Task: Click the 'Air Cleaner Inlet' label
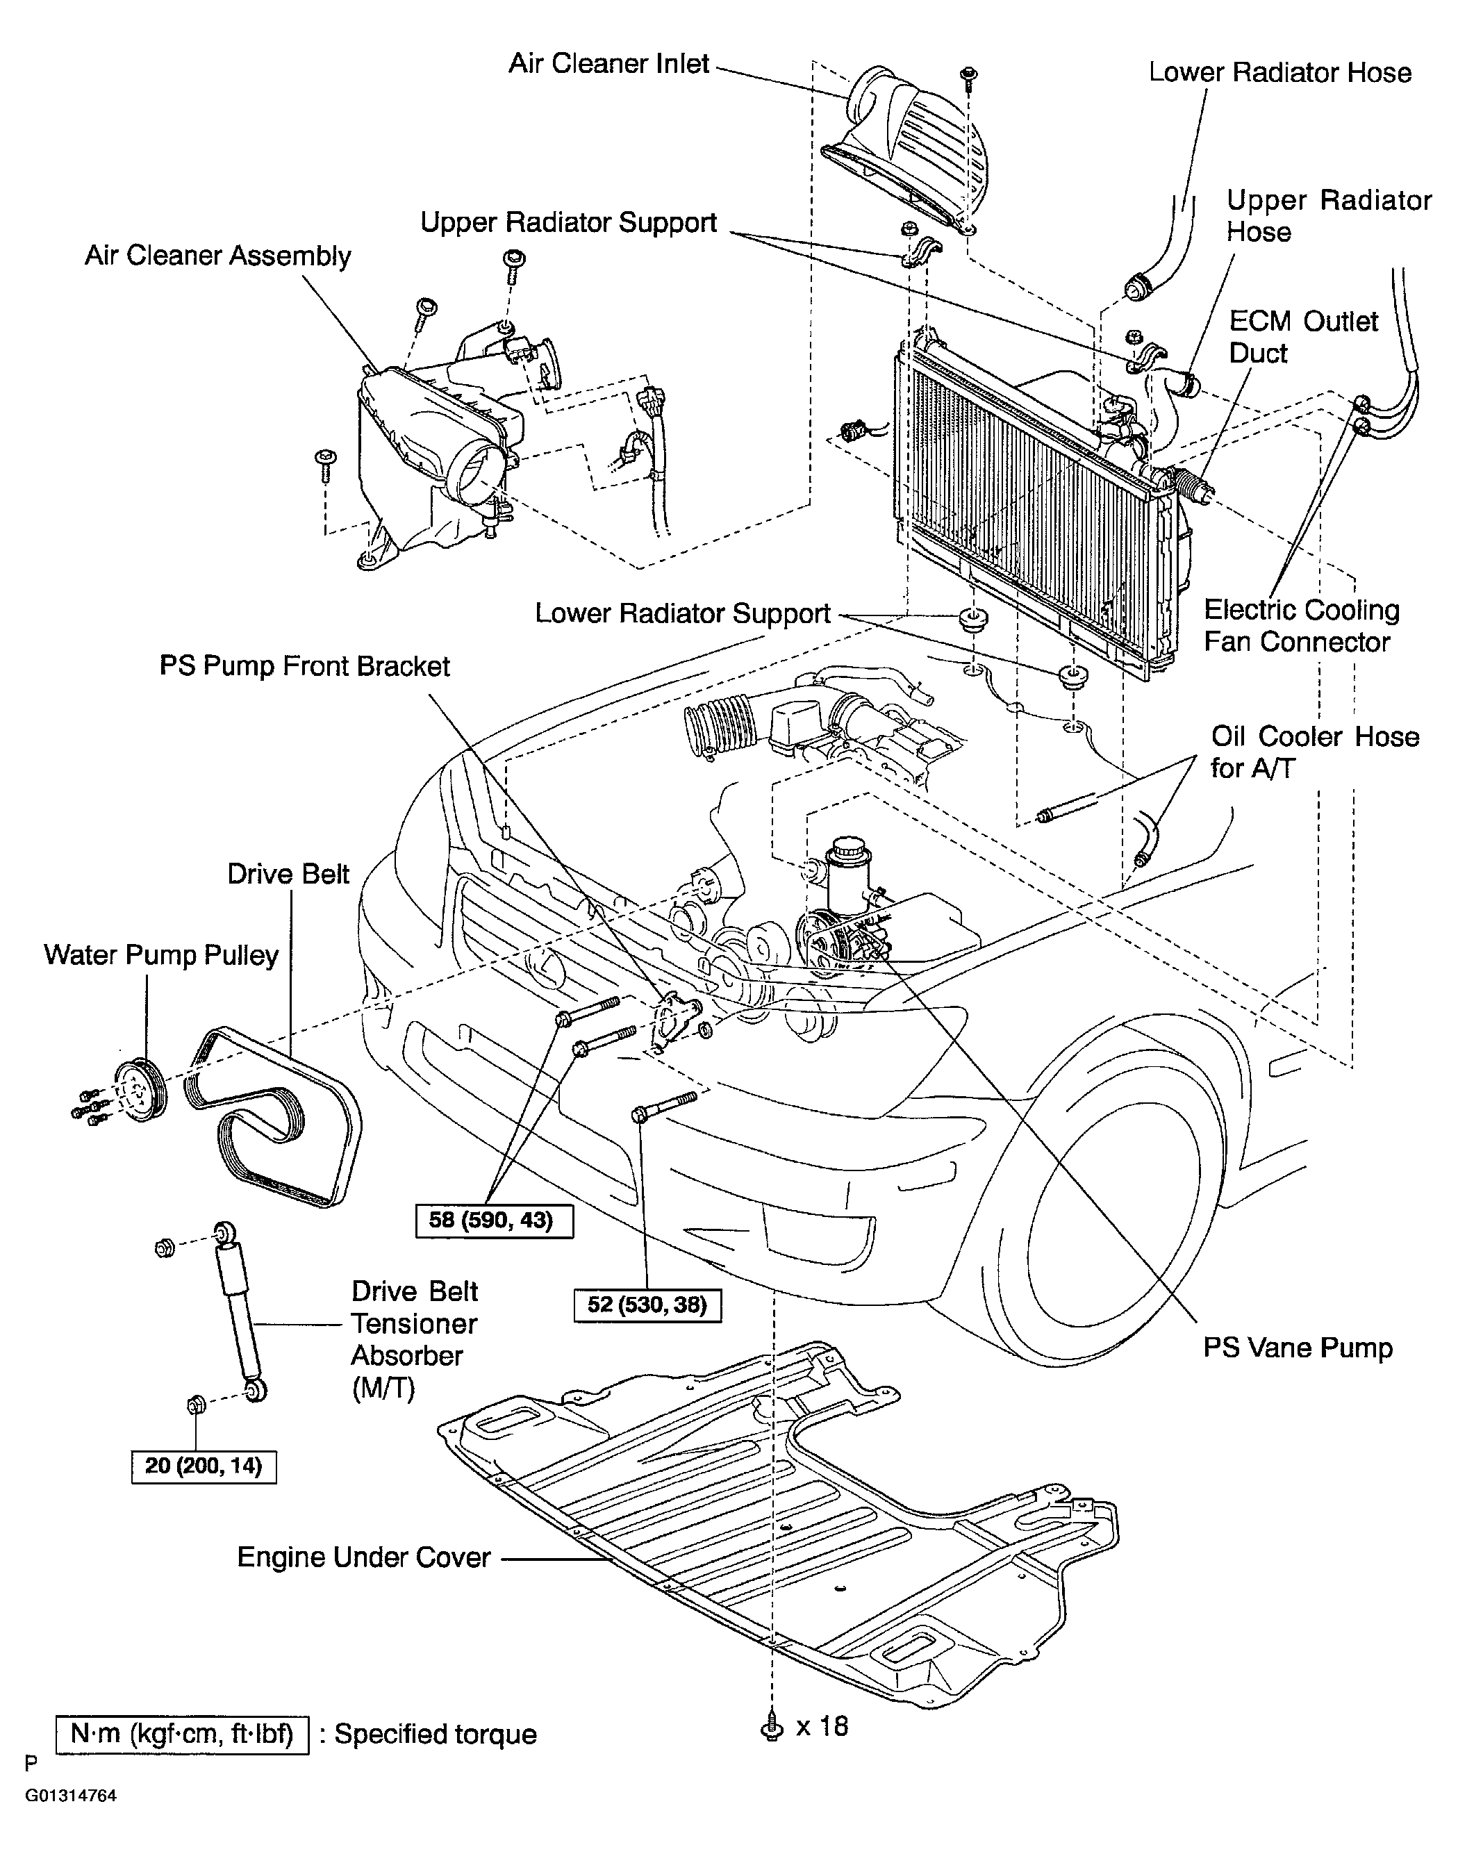point(608,64)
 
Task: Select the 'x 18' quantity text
point(822,1726)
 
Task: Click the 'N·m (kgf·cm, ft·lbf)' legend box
point(182,1735)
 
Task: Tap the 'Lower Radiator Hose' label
point(1279,72)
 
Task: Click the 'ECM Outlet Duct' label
point(1304,337)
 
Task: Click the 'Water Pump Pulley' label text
point(161,955)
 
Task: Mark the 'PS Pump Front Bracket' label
point(305,665)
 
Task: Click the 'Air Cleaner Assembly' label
point(217,256)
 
